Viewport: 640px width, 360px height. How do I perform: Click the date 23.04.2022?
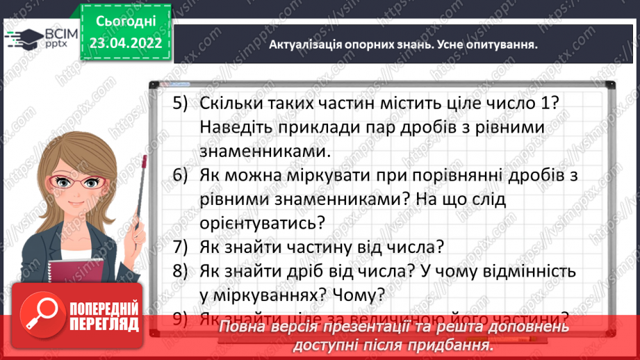[125, 42]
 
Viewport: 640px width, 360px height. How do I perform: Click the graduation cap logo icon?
[22, 38]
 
